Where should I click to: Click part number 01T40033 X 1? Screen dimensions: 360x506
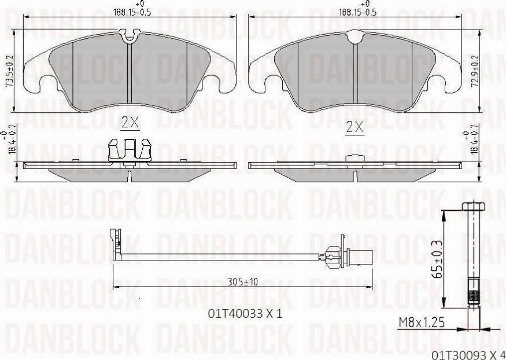point(245,314)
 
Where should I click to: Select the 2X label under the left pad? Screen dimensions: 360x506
point(130,123)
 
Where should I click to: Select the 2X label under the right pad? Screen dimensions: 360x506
point(354,127)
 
